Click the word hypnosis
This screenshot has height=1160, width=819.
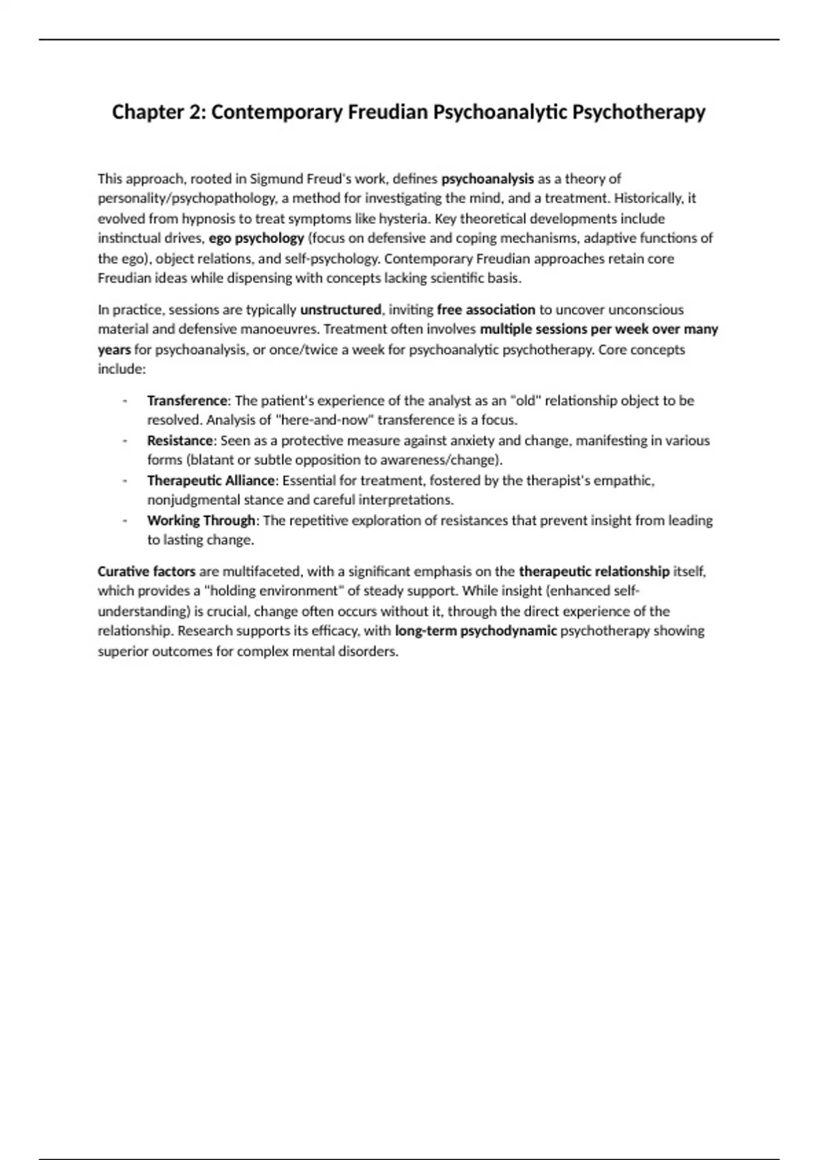point(205,219)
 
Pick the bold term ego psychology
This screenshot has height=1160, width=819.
point(256,239)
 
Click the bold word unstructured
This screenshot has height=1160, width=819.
point(341,310)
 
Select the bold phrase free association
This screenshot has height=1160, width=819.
point(486,310)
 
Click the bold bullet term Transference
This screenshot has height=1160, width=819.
point(186,401)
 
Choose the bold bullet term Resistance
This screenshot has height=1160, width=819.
point(179,441)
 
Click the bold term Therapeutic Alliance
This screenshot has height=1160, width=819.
point(211,481)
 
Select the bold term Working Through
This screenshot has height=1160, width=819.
point(201,521)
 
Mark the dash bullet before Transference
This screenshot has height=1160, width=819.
point(125,401)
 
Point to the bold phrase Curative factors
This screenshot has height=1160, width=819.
point(146,572)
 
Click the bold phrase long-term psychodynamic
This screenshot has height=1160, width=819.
point(476,631)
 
